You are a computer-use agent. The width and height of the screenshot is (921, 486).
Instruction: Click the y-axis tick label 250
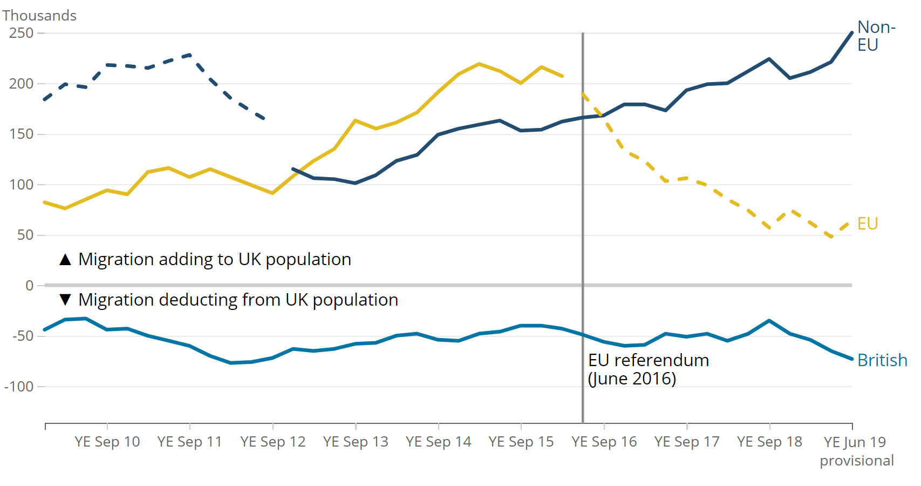(22, 33)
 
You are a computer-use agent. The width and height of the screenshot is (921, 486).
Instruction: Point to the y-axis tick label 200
(22, 84)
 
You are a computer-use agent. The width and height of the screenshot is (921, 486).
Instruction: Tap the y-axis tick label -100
(19, 387)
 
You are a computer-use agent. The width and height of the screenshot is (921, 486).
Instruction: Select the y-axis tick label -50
(22, 336)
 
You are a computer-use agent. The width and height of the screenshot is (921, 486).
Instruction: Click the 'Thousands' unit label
(39, 16)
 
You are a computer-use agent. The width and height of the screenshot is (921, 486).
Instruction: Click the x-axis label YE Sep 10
(107, 442)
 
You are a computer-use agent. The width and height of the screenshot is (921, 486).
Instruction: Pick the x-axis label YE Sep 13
(356, 442)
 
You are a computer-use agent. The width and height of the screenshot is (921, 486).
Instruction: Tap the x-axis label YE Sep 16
(604, 442)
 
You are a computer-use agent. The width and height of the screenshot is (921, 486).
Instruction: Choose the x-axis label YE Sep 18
(769, 442)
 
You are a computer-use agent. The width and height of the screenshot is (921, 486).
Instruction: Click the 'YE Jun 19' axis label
(855, 442)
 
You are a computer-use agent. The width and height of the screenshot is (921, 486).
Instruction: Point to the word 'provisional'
(857, 461)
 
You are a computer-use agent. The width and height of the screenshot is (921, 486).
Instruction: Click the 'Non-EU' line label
(876, 36)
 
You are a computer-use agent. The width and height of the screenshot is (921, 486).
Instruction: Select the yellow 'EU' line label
(868, 224)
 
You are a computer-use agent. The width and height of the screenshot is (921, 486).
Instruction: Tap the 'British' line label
(882, 360)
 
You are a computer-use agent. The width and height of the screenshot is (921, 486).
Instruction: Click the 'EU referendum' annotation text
(649, 360)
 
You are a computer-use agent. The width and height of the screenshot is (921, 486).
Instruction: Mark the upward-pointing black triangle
(65, 260)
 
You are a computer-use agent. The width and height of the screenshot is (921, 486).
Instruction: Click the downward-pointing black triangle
(65, 300)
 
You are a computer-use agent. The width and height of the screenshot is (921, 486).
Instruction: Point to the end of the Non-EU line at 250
(852, 33)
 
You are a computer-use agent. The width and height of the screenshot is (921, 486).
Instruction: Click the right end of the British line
(852, 359)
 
